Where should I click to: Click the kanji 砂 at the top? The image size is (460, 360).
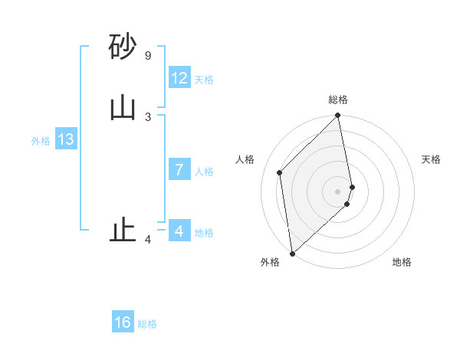coord(123,47)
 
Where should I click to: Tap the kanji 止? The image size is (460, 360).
coord(123,230)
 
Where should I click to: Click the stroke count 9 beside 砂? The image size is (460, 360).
coord(147,56)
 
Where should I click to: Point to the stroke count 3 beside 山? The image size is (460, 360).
coord(147,116)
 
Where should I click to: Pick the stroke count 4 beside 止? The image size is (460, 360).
coord(147,240)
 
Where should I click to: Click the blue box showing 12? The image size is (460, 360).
coord(179,78)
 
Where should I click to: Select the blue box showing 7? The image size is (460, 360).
coord(179,170)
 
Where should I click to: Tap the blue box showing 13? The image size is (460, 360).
coord(65,139)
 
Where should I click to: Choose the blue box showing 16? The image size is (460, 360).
coord(123,322)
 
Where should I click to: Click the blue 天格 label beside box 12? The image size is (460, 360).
coord(204,80)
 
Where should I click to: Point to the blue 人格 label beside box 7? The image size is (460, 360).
coord(204,172)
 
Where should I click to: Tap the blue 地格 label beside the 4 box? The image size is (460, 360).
coord(204,233)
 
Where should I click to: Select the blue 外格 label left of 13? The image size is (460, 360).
coord(41,141)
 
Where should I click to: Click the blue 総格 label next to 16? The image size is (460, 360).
coord(147,324)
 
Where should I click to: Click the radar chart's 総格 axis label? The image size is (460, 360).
coord(338,100)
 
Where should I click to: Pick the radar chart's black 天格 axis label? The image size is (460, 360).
coord(431,159)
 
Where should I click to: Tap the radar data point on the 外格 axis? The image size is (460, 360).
coord(292,253)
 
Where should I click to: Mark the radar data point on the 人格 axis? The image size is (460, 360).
coord(280,172)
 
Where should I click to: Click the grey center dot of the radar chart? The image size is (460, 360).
coord(338,191)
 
